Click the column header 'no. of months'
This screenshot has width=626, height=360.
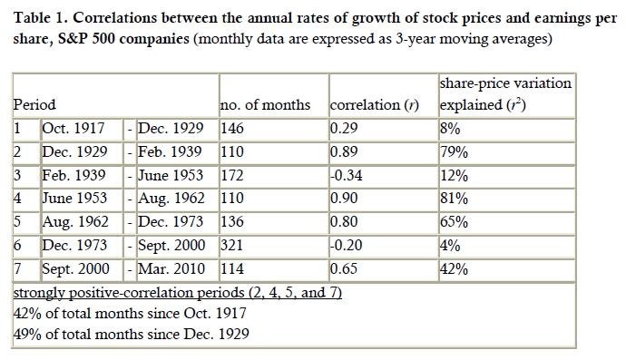[265, 105]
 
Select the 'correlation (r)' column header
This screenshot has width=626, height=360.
[375, 105]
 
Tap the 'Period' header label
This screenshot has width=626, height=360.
[34, 105]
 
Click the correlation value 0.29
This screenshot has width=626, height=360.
[344, 129]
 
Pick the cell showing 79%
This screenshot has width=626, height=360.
[454, 152]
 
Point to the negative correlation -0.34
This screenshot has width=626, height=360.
[347, 175]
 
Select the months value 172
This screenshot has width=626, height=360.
[232, 175]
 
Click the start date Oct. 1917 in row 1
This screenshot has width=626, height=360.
[73, 129]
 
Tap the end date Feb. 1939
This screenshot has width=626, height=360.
[170, 152]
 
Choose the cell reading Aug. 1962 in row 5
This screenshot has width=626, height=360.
[75, 222]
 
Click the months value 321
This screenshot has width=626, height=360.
[232, 245]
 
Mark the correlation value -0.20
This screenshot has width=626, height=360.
[347, 245]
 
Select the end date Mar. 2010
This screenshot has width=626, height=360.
[171, 268]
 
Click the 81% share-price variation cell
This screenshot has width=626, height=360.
[454, 199]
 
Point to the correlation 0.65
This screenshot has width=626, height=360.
[344, 268]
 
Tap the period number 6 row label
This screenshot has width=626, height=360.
[17, 245]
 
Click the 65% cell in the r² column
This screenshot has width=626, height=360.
[454, 222]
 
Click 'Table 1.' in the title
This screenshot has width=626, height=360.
[41, 18]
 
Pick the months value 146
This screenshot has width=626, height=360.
[232, 129]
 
